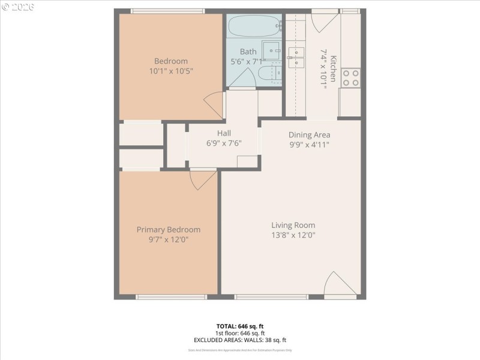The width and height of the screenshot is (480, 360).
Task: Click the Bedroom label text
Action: click(171, 61)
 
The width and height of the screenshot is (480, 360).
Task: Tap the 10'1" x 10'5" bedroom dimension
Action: click(171, 71)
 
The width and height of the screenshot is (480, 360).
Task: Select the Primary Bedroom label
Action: click(169, 230)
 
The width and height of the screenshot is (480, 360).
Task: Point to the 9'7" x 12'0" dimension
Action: click(169, 239)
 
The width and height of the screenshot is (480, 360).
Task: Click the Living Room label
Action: click(293, 226)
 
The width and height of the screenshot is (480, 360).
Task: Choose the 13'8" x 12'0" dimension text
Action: click(293, 235)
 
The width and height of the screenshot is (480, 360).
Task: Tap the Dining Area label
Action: click(309, 135)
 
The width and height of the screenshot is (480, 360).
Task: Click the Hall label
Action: click(224, 133)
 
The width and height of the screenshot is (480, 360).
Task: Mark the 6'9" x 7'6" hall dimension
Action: click(224, 143)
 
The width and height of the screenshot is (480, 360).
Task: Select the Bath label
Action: click(248, 52)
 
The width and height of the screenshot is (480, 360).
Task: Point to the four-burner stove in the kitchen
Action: click(350, 77)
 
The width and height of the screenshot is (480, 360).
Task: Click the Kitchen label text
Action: click(333, 68)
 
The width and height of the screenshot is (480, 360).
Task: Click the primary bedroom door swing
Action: click(203, 179)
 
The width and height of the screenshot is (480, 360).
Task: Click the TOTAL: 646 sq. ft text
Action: click(239, 326)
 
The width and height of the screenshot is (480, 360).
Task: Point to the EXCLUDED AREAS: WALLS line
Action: click(239, 340)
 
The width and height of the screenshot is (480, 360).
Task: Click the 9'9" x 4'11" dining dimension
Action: click(309, 145)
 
